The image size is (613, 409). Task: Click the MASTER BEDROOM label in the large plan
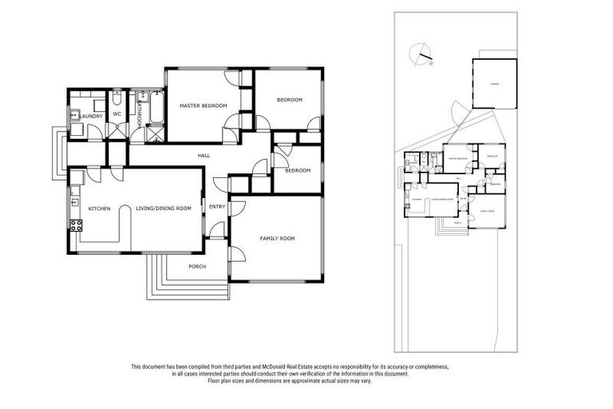204,105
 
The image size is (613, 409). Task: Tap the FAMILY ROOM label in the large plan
277,238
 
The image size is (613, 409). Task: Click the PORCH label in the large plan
197,267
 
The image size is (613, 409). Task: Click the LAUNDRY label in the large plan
91,115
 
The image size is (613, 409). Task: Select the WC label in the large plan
117,113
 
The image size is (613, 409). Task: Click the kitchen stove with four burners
77,225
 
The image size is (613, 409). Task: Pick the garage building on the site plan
494,83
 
